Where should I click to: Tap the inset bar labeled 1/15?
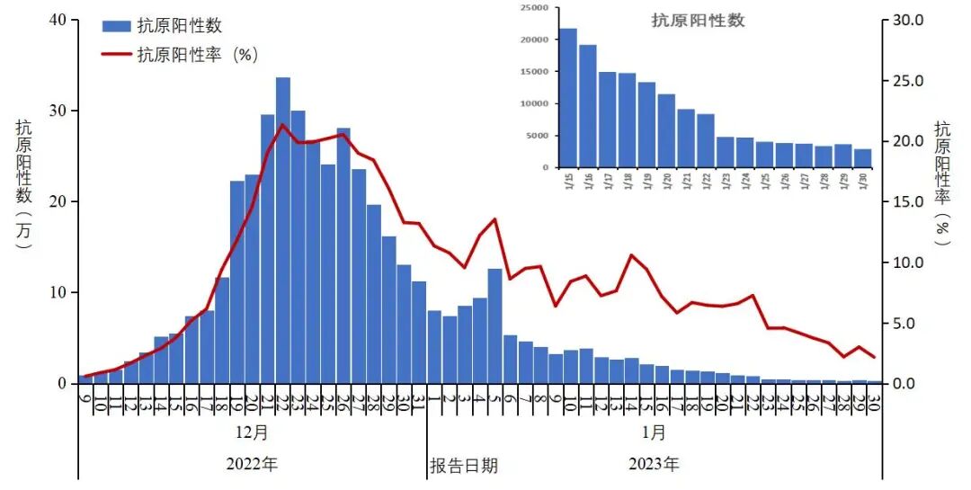click(x=568, y=98)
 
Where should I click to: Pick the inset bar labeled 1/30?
click(x=862, y=158)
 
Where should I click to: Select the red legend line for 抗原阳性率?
click(x=116, y=54)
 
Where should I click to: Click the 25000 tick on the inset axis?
click(x=533, y=8)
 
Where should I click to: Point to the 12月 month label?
click(x=252, y=432)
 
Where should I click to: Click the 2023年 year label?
click(x=654, y=465)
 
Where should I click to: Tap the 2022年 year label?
click(x=252, y=465)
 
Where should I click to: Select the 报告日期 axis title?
click(x=463, y=466)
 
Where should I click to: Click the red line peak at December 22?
click(x=282, y=125)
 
